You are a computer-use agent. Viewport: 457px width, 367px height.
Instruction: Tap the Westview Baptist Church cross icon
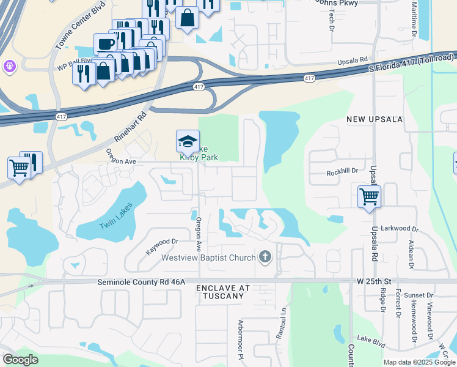[265, 257]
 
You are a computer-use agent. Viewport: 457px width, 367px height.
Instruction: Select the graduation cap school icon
[188, 142]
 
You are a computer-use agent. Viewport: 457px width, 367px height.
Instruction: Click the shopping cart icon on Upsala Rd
[369, 197]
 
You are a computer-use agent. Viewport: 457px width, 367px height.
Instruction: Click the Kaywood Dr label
[161, 247]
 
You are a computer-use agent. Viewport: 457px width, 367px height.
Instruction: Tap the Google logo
[20, 360]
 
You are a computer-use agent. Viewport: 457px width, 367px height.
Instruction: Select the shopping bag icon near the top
[187, 18]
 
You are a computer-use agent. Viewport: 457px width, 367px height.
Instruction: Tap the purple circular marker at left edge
[9, 65]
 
